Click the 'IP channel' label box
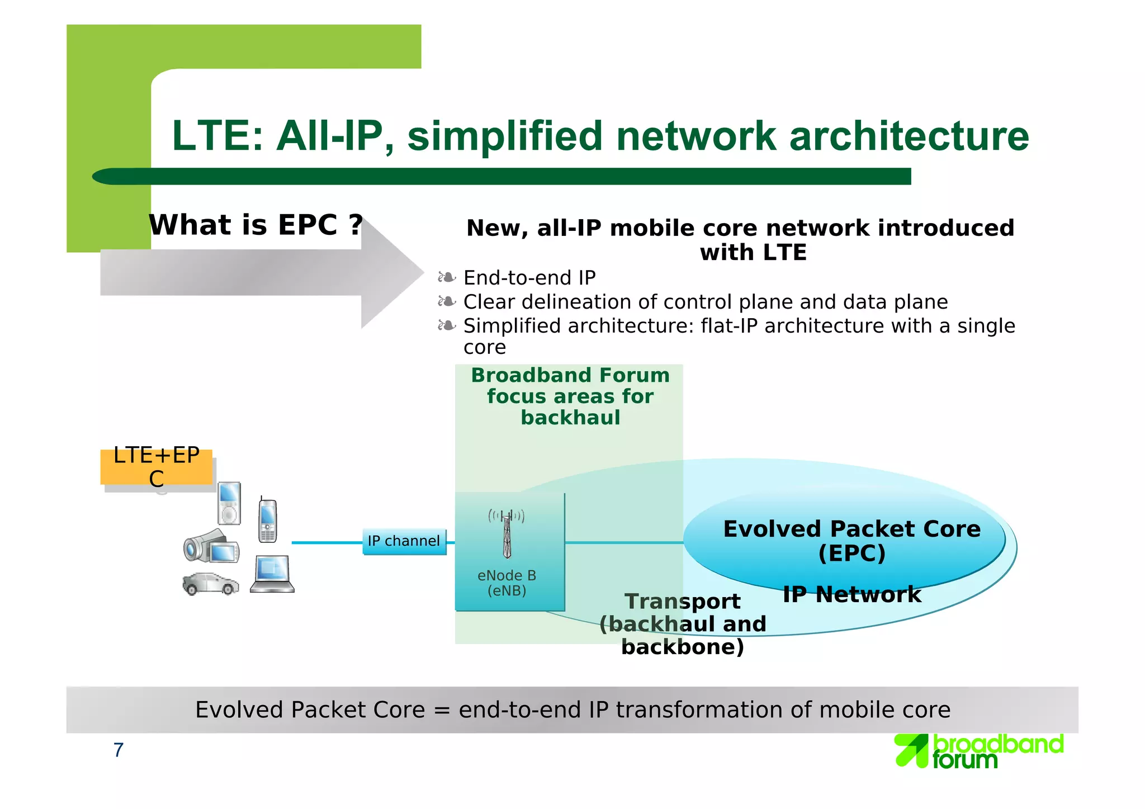click(x=404, y=541)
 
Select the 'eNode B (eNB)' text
click(x=507, y=583)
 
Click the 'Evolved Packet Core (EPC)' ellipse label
click(x=851, y=541)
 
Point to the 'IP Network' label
click(x=851, y=594)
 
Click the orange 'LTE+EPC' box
click(x=156, y=467)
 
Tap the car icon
click(x=210, y=584)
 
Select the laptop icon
click(x=272, y=574)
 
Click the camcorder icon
click(x=211, y=546)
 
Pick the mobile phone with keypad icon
click(x=267, y=521)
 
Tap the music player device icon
click(x=229, y=503)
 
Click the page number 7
click(x=118, y=750)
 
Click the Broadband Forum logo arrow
click(x=911, y=750)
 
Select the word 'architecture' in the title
click(x=909, y=136)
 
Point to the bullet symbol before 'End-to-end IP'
click(x=447, y=277)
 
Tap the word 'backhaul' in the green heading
click(x=570, y=418)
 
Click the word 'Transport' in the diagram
click(x=682, y=602)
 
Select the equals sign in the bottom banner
click(x=441, y=710)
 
